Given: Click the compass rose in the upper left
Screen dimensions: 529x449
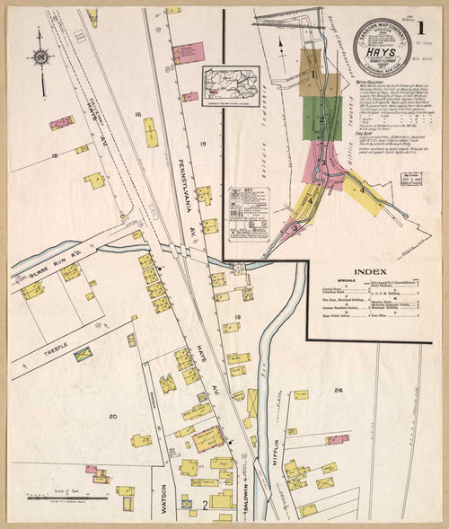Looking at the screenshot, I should tap(40, 57).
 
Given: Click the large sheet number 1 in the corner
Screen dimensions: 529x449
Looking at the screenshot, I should tap(420, 27).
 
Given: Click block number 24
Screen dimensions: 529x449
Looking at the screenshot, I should tap(338, 390).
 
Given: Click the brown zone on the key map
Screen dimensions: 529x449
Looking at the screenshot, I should tap(321, 84).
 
